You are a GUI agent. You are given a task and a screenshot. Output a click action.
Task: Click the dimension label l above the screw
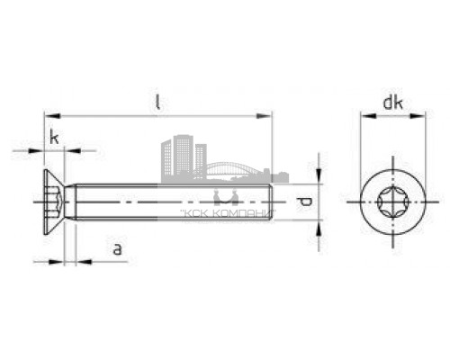(x=157, y=102)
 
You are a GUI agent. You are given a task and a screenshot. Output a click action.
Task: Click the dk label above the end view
(x=391, y=103)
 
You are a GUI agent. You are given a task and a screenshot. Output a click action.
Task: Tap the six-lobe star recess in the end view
(x=391, y=199)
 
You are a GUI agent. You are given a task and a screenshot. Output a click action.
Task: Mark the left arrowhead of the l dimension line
(x=49, y=115)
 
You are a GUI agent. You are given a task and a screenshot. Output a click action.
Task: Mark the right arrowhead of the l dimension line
(x=266, y=115)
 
